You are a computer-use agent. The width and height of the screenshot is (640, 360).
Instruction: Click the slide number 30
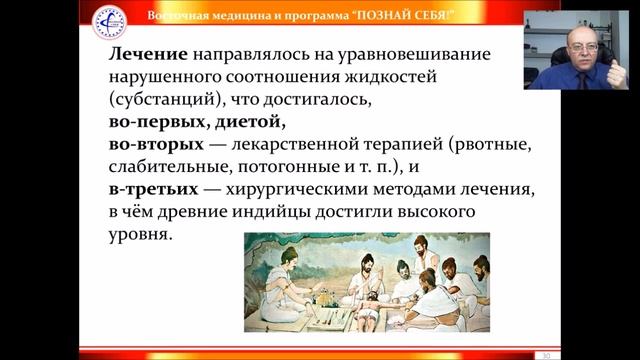click(546, 355)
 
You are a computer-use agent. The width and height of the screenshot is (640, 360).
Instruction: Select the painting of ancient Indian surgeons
click(367, 282)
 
